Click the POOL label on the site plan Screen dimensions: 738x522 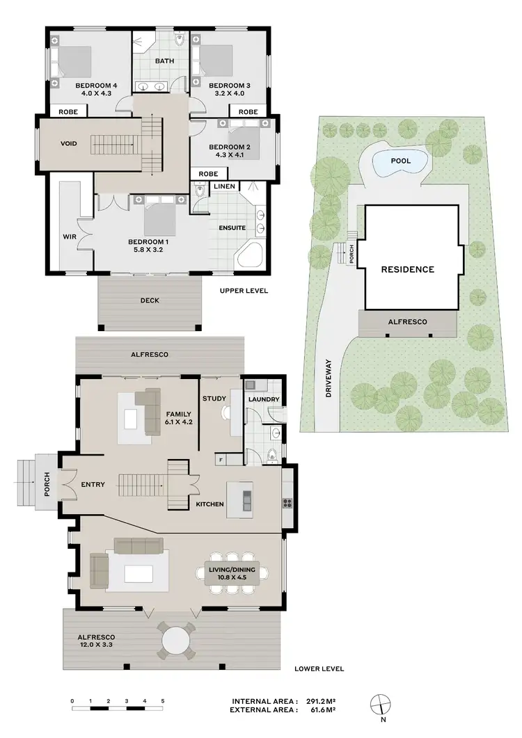400,161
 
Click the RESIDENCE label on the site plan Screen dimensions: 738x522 407,269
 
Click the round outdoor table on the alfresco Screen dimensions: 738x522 177,639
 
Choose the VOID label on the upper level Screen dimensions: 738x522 68,144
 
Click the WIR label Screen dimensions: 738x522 70,237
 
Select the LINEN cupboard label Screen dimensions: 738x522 224,186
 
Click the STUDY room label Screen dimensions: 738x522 212,399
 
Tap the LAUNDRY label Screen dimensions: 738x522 264,399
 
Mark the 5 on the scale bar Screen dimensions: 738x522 162,700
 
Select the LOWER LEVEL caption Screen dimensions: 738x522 319,668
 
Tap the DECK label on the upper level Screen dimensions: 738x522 150,301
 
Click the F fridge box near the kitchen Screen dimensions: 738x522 221,460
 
